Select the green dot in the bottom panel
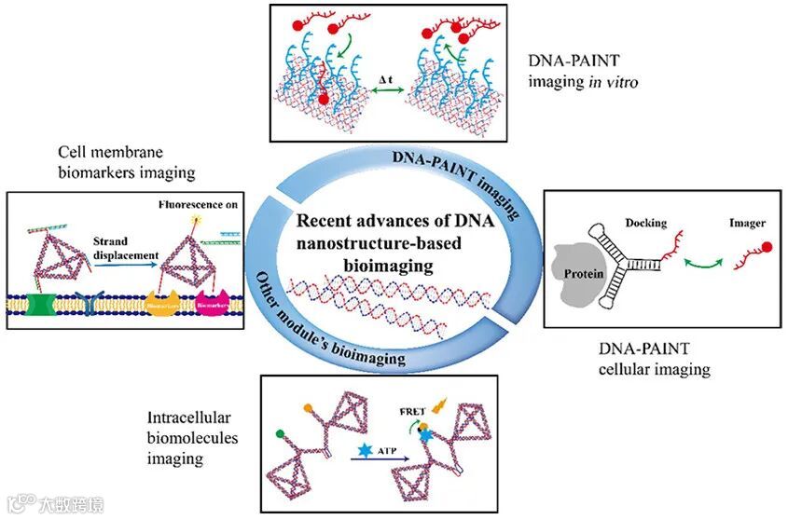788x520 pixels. click(281, 432)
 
